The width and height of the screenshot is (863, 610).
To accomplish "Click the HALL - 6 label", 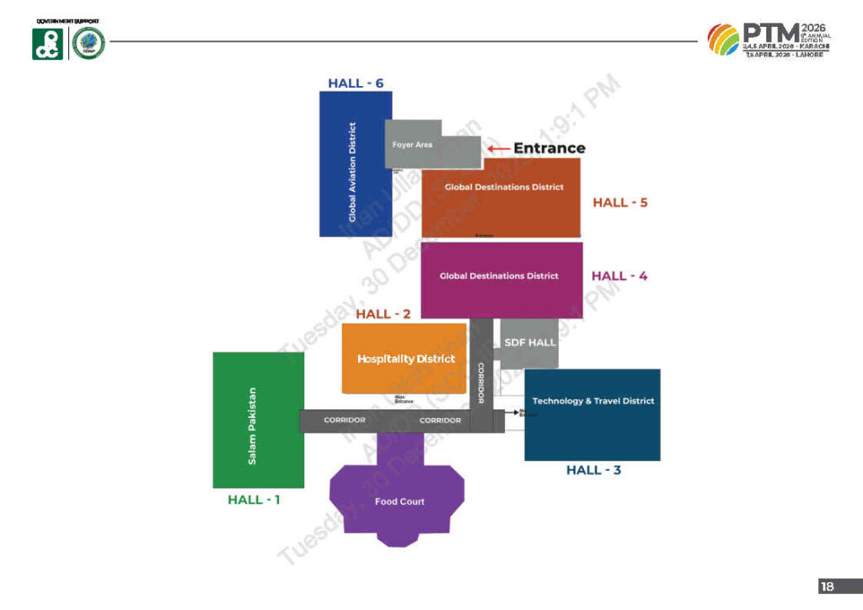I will coord(356,83).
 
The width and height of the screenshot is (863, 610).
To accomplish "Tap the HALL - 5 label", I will coord(619,202).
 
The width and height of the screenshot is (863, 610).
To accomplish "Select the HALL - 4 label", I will coord(619,276).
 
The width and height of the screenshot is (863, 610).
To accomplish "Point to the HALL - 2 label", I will coord(383,314).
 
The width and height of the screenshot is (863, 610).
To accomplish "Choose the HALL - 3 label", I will coord(593,470).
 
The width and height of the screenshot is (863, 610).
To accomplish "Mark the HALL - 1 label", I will coord(254,500).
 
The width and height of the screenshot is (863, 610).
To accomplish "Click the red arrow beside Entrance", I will coord(499,148).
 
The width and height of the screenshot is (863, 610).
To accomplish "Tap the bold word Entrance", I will coord(549,148).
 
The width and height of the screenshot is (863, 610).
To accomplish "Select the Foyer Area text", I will coord(412,145).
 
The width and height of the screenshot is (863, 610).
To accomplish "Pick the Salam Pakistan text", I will coord(252,426).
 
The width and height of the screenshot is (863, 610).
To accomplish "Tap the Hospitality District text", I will coord(406,359).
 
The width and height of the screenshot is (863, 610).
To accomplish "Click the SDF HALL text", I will coord(530,343).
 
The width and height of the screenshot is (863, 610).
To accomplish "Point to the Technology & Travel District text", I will coord(593,401).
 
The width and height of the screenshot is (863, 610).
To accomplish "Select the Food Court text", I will coord(399,502).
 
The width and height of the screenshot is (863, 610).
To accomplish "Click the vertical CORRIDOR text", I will coord(480,383).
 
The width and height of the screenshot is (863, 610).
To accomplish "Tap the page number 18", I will coord(827,586).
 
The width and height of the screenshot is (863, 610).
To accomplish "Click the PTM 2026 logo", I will coord(769,40).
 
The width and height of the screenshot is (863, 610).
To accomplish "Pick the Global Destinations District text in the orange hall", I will coord(504,187).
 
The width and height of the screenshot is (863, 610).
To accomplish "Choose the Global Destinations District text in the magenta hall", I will coord(499,276).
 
